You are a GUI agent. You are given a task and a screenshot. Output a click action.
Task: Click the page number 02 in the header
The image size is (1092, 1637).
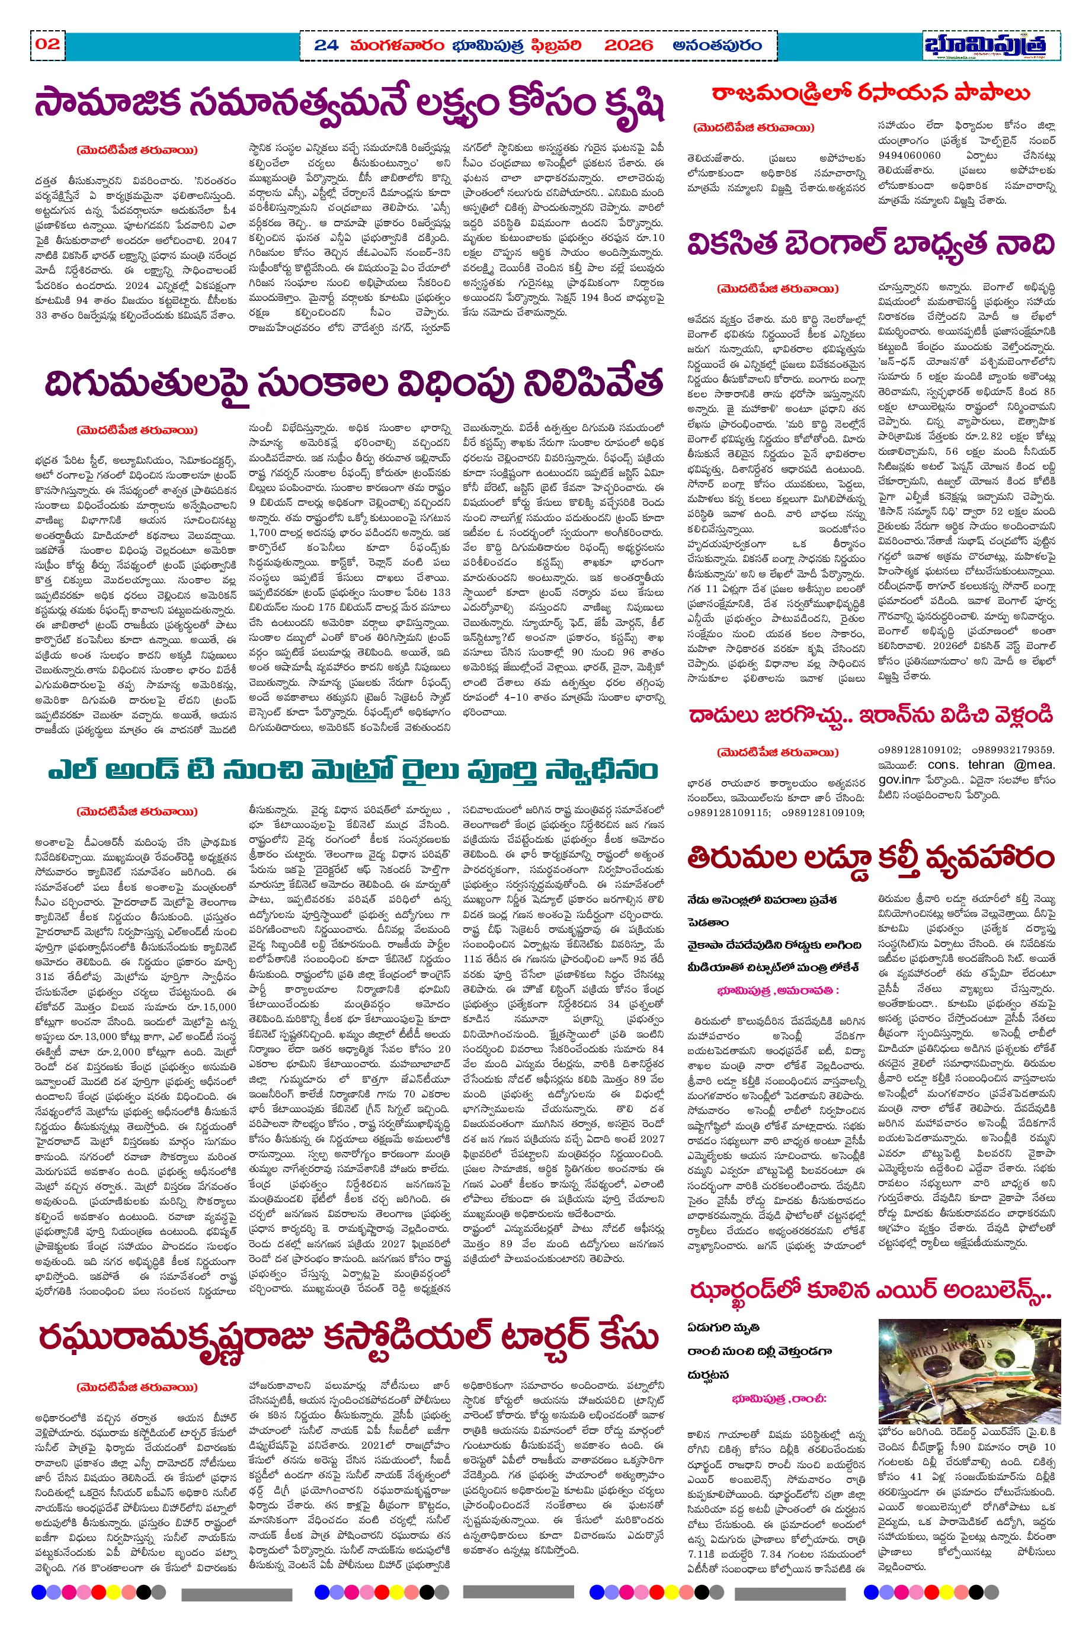click(47, 44)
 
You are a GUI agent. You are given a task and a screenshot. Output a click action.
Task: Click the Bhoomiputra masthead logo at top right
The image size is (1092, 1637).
click(985, 45)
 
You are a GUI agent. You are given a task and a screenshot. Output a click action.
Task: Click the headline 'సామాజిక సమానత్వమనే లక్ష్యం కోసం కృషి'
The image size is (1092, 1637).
click(349, 104)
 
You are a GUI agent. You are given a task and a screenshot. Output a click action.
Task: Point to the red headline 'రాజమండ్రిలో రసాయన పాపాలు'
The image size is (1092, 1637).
click(870, 93)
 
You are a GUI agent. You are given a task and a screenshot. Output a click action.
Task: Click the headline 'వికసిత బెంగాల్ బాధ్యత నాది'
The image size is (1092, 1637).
click(870, 245)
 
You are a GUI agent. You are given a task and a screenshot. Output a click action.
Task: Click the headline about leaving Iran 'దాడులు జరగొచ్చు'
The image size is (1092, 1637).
click(870, 715)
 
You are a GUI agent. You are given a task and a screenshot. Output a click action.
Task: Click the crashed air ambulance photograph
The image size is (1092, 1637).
click(969, 1370)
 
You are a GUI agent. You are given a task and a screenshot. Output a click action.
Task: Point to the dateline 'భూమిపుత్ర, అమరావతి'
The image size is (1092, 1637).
click(778, 990)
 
